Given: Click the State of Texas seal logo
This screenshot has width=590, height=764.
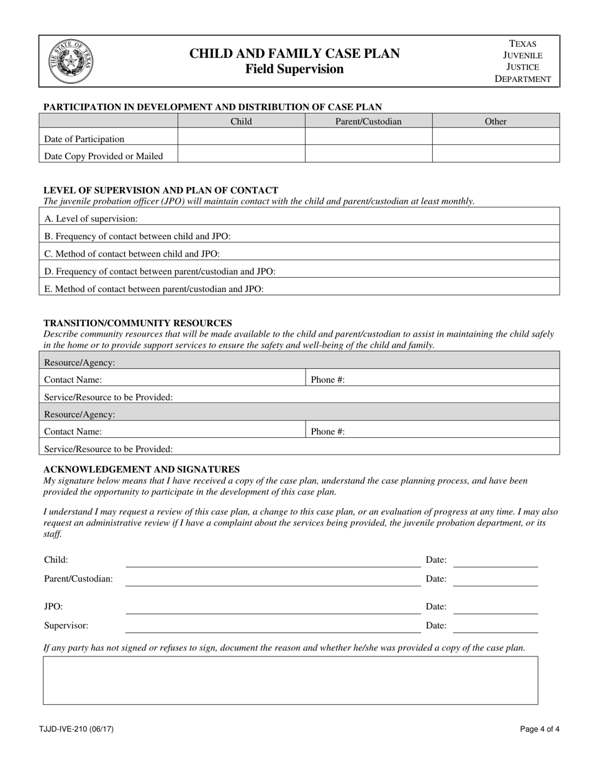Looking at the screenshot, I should pyautogui.click(x=71, y=61).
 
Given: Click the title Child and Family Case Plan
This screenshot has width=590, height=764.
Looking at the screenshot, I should pyautogui.click(x=294, y=53).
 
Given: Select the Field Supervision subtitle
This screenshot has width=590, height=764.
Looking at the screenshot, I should pyautogui.click(x=294, y=69).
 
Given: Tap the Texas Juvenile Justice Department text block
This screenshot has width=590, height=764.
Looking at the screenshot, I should pyautogui.click(x=522, y=61).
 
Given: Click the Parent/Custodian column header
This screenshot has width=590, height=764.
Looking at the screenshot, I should pyautogui.click(x=368, y=121).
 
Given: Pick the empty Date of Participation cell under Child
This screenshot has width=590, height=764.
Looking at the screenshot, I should pyautogui.click(x=241, y=137).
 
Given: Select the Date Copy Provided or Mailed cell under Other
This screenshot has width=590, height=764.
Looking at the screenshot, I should pyautogui.click(x=496, y=155).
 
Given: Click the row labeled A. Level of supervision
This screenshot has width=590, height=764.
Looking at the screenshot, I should pyautogui.click(x=299, y=218).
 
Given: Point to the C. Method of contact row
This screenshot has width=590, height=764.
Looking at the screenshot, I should pyautogui.click(x=299, y=253).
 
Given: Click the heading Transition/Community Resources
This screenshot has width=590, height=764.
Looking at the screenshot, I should pyautogui.click(x=137, y=323).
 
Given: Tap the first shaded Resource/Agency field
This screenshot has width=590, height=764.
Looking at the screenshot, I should pyautogui.click(x=299, y=362).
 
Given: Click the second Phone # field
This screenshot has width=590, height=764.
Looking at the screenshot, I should pyautogui.click(x=432, y=430).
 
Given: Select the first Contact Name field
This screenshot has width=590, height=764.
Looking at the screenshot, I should pyautogui.click(x=172, y=379).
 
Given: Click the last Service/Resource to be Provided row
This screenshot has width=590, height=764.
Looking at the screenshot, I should pyautogui.click(x=299, y=448).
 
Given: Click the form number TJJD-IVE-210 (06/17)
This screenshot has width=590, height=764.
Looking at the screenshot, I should pyautogui.click(x=78, y=729).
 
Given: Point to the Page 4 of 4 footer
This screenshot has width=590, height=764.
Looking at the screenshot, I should pyautogui.click(x=541, y=729).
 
